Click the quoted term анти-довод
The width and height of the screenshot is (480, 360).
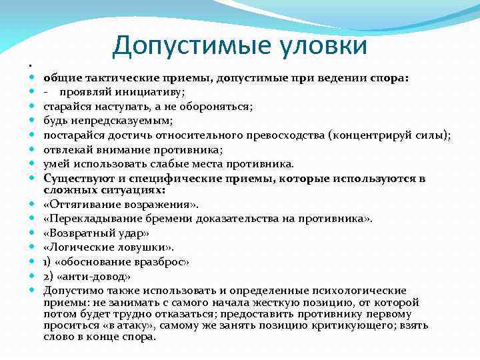point(93,276)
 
